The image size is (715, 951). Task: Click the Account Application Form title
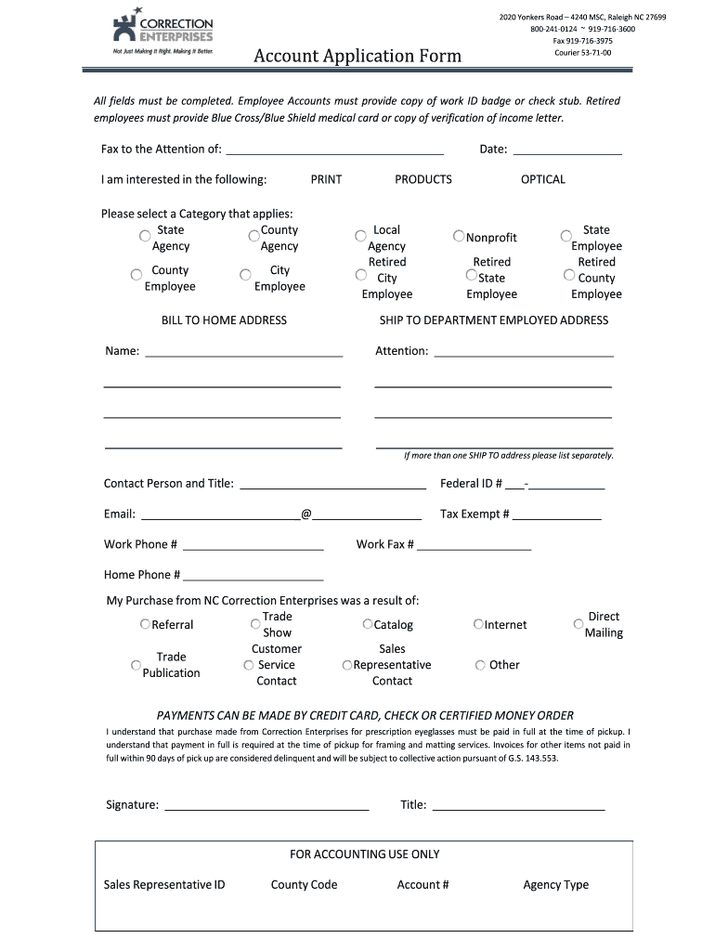pyautogui.click(x=357, y=57)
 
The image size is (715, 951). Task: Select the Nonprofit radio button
pyautogui.click(x=459, y=237)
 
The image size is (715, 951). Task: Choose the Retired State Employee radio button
pyautogui.click(x=472, y=275)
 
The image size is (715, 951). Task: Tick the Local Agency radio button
pyautogui.click(x=360, y=236)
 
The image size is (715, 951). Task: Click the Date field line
pyautogui.click(x=566, y=152)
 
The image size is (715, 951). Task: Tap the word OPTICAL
pyautogui.click(x=542, y=179)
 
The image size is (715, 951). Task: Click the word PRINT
pyautogui.click(x=326, y=179)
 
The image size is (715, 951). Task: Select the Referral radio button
pyautogui.click(x=145, y=624)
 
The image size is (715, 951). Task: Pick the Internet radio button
pyautogui.click(x=478, y=625)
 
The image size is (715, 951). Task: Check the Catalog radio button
pyautogui.click(x=368, y=624)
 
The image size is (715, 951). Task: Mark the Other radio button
pyautogui.click(x=480, y=665)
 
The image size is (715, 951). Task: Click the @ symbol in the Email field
pyautogui.click(x=305, y=514)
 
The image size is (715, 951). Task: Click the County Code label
pyautogui.click(x=304, y=884)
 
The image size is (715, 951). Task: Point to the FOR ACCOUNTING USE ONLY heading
pyautogui.click(x=364, y=853)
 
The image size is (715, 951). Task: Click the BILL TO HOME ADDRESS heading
pyautogui.click(x=224, y=320)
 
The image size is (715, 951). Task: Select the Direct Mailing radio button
pyautogui.click(x=578, y=624)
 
